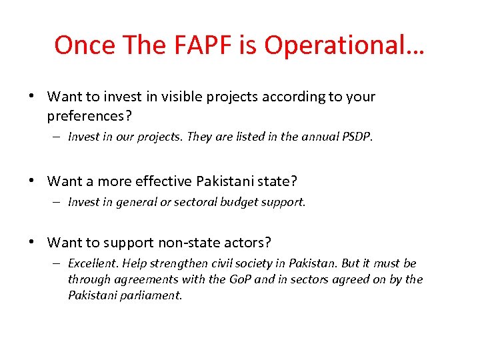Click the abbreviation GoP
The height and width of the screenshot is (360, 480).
coord(239,279)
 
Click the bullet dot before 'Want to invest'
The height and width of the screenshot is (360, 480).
coord(31,97)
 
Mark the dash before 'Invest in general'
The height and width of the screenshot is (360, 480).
coord(59,202)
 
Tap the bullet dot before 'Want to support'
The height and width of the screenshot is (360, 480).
coord(31,242)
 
